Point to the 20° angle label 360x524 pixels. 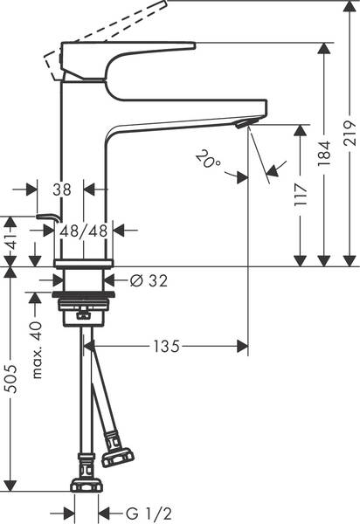click(207, 159)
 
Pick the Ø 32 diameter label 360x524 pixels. click(148, 280)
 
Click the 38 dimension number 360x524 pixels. click(60, 188)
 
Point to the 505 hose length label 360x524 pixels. click(11, 378)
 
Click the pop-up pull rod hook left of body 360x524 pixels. click(45, 217)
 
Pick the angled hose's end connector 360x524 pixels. click(116, 452)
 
